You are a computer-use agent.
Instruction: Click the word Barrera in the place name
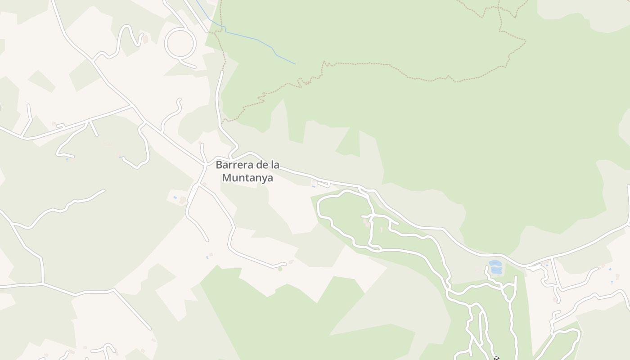click(x=234, y=165)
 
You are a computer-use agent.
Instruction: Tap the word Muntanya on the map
click(x=247, y=178)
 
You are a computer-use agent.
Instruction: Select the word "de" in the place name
click(x=262, y=165)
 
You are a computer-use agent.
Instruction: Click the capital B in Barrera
click(x=219, y=165)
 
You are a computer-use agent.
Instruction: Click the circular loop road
click(x=180, y=43)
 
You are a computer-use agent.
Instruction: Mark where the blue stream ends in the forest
click(x=295, y=64)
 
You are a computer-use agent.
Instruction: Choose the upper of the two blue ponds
click(x=495, y=263)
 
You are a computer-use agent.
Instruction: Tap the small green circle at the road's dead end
click(x=280, y=269)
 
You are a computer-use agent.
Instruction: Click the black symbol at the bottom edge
click(x=496, y=358)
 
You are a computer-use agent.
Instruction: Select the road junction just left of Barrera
click(x=205, y=165)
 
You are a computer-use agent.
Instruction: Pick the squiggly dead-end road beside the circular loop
click(x=124, y=38)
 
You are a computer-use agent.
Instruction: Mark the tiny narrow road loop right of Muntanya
click(x=324, y=184)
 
